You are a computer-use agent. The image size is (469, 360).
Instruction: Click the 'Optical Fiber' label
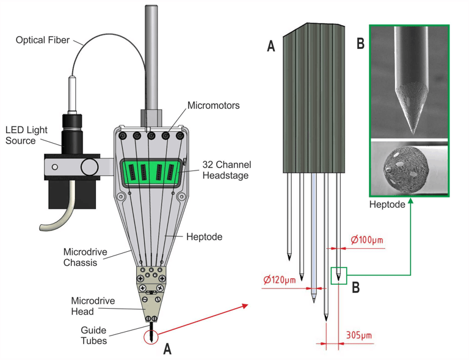(x=43, y=40)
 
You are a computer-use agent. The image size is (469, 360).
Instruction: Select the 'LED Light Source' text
(x=26, y=135)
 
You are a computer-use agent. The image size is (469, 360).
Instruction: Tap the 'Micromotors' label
(x=214, y=105)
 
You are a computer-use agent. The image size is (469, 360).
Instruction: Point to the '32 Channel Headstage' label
(x=227, y=170)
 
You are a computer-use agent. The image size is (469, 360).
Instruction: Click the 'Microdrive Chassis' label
(x=85, y=257)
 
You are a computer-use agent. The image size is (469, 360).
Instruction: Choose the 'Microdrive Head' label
(x=93, y=306)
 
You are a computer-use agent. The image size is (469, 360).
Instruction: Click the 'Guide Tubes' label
(x=93, y=336)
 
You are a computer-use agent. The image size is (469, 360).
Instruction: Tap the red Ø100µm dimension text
(x=366, y=240)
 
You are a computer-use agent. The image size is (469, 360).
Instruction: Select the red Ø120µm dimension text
(x=279, y=280)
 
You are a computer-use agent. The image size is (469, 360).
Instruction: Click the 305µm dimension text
(x=359, y=335)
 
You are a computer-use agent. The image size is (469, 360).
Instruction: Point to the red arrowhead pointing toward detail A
(x=245, y=306)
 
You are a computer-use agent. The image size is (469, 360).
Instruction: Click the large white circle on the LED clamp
(x=89, y=167)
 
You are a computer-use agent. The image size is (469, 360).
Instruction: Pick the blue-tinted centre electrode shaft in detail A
(x=313, y=237)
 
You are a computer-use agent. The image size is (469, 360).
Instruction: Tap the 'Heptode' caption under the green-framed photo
(x=387, y=204)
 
